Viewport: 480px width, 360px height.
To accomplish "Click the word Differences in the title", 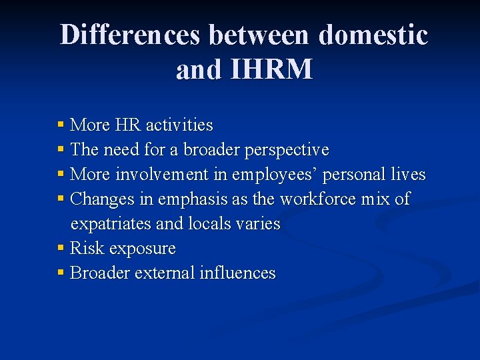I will tap(130, 35).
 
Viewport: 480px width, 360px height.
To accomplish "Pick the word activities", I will tap(179, 125).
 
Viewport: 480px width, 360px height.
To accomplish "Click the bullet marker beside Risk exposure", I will tap(61, 249).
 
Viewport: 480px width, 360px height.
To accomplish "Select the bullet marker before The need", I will tap(61, 149).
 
